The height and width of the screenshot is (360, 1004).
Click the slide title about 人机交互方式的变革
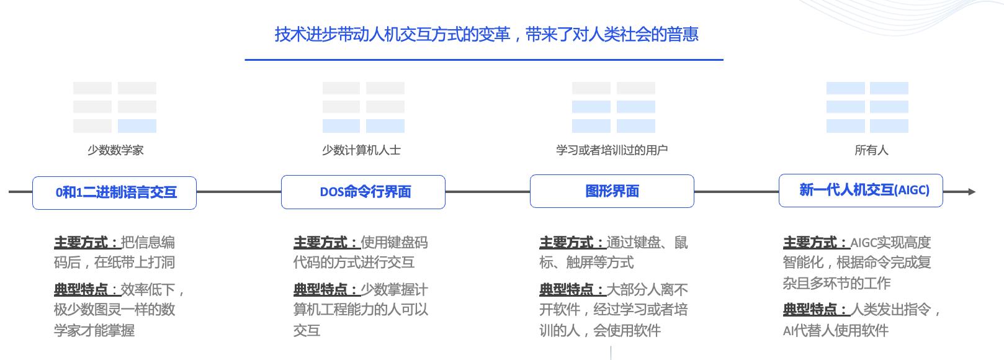click(x=486, y=34)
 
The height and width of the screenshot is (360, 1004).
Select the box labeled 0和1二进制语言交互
click(x=115, y=192)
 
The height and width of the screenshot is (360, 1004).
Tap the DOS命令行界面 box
click(x=364, y=192)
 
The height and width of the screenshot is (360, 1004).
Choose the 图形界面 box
click(x=612, y=191)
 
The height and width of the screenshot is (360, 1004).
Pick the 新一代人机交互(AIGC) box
click(x=861, y=191)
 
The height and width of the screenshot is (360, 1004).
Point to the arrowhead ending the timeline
click(x=971, y=192)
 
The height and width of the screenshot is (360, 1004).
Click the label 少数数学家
click(x=115, y=150)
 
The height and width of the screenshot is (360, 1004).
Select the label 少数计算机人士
click(x=362, y=150)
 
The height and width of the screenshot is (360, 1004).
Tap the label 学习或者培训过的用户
click(x=612, y=150)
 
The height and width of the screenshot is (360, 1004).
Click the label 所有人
click(x=871, y=150)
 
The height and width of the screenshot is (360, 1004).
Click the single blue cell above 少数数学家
click(x=137, y=126)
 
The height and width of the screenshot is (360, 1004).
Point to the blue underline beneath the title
click(x=484, y=60)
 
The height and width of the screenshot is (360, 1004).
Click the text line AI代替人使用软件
click(x=835, y=331)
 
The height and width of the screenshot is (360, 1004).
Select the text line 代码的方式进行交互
click(x=354, y=263)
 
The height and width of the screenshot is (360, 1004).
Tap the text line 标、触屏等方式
click(x=586, y=263)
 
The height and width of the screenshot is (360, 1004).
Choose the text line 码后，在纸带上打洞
click(x=115, y=263)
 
